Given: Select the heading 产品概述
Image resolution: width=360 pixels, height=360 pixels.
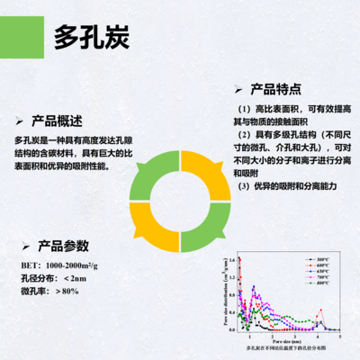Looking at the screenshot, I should (x=57, y=121).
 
